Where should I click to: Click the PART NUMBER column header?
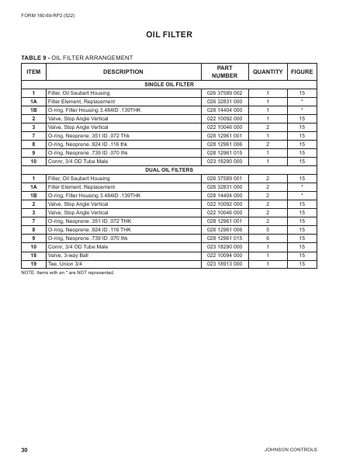227,71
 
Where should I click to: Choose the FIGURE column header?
302,71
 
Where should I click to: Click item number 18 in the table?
33,253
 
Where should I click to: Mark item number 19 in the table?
33,262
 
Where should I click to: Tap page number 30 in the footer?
25,450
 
